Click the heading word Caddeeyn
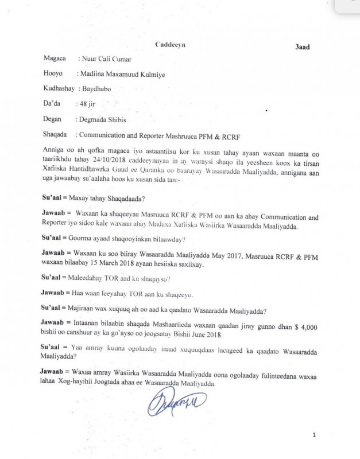[x=171, y=44]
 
